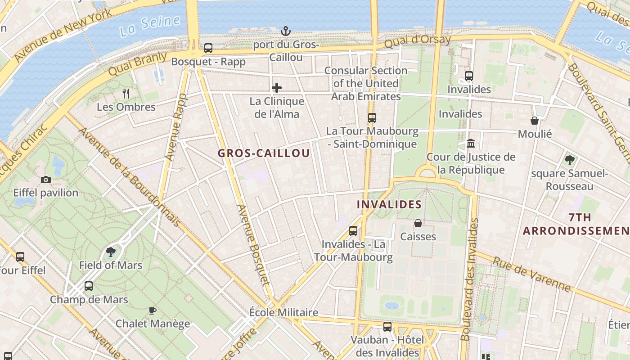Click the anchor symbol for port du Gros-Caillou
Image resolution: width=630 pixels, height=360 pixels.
(285, 31)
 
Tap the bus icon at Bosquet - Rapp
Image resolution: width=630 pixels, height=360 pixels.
(208, 48)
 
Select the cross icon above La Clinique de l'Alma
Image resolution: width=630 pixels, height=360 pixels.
(277, 87)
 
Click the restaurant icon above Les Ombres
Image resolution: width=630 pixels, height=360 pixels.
(126, 94)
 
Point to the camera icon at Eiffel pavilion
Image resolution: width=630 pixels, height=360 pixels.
(45, 180)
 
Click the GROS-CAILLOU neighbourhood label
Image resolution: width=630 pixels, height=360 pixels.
(264, 153)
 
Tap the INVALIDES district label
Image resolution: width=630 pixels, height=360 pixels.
(389, 205)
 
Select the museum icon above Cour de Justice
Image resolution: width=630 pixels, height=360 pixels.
(471, 144)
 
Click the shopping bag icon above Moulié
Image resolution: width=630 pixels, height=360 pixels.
(535, 121)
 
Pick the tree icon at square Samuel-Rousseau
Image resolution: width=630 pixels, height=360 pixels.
(569, 160)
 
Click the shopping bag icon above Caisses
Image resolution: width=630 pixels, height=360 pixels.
(418, 223)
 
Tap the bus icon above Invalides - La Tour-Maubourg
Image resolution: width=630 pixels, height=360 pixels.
(353, 231)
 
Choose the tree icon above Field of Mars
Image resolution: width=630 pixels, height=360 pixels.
(111, 252)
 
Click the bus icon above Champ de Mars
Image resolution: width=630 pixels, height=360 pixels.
(89, 286)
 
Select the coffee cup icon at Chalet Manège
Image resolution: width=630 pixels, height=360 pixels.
(153, 310)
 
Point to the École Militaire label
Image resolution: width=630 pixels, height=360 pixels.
(283, 312)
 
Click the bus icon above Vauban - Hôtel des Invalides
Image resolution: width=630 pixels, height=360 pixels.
(387, 327)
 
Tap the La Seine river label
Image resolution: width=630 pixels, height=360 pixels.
(150, 26)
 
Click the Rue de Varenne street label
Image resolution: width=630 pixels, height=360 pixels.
(531, 274)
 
